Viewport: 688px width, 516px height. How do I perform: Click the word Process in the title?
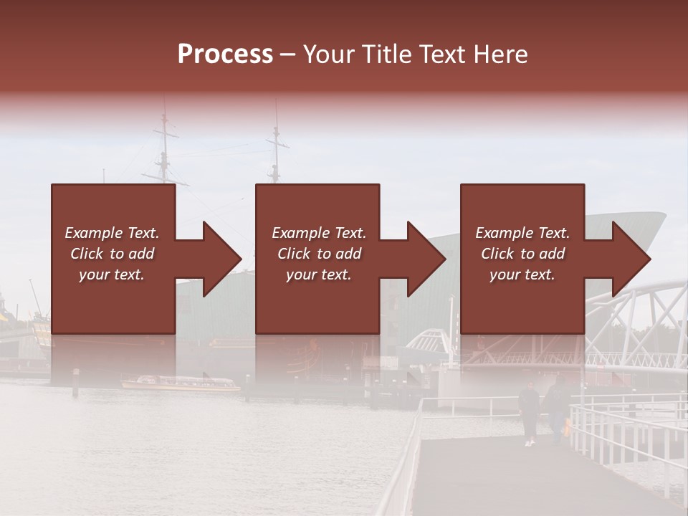click(225, 54)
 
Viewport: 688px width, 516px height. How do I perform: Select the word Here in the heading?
click(501, 54)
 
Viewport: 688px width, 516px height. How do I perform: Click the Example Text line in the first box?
click(112, 233)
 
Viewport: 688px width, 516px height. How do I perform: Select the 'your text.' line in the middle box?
click(318, 274)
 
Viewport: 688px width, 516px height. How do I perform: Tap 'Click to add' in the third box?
click(522, 254)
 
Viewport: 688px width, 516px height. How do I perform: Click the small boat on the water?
click(179, 383)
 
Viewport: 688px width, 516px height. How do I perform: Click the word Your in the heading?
click(329, 54)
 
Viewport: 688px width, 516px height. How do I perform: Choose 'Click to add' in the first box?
click(112, 254)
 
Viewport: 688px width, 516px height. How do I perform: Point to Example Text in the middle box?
click(318, 233)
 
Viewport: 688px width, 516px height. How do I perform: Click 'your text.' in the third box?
click(522, 274)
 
